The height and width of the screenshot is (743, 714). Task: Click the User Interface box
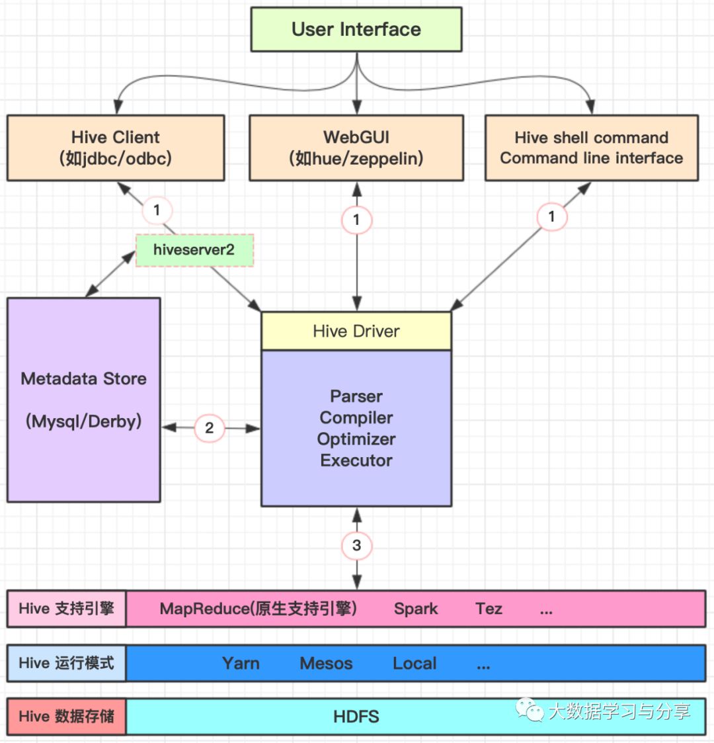tap(356, 29)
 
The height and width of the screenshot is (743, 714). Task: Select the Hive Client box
tap(116, 148)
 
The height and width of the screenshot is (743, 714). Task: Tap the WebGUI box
tap(356, 148)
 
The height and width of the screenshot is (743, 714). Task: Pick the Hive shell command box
tap(592, 148)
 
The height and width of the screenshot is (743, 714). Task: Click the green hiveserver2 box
tap(194, 250)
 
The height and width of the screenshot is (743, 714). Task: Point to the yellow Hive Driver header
tap(356, 331)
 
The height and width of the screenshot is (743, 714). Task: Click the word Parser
tap(356, 396)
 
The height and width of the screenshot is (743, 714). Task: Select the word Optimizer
tap(356, 439)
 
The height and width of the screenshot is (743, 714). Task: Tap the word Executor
tap(356, 460)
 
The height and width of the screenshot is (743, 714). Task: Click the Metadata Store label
tap(84, 378)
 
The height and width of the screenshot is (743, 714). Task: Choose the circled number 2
tap(210, 428)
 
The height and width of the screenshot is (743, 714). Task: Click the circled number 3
tap(356, 545)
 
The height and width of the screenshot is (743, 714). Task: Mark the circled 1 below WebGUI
tap(356, 220)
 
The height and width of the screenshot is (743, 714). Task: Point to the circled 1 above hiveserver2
tap(157, 210)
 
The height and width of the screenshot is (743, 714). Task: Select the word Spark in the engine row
tap(416, 609)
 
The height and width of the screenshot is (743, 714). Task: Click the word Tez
tap(489, 609)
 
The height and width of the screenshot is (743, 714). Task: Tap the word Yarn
tap(241, 664)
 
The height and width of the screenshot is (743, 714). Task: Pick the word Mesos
tap(326, 664)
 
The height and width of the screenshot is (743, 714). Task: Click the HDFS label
tap(356, 717)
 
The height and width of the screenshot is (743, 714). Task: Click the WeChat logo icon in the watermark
tap(530, 710)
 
